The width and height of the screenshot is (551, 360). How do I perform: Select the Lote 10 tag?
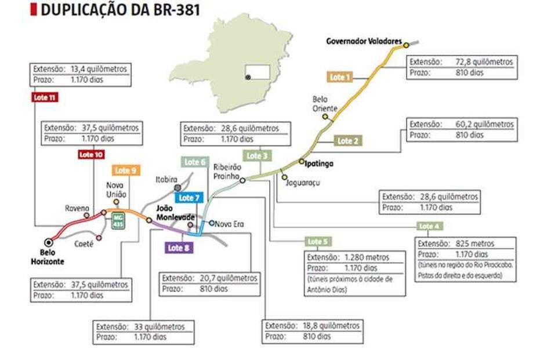91,154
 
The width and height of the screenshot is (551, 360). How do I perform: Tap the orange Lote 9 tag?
126,170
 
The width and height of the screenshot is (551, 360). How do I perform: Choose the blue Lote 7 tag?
190,198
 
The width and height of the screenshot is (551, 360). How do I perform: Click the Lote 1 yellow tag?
340,77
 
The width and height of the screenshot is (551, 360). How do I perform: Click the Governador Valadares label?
364,42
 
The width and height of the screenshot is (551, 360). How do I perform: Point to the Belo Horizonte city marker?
48,242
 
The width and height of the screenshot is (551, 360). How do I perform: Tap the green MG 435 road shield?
118,221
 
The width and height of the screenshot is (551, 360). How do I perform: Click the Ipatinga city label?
320,163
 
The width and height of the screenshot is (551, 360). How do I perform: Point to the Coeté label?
84,244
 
